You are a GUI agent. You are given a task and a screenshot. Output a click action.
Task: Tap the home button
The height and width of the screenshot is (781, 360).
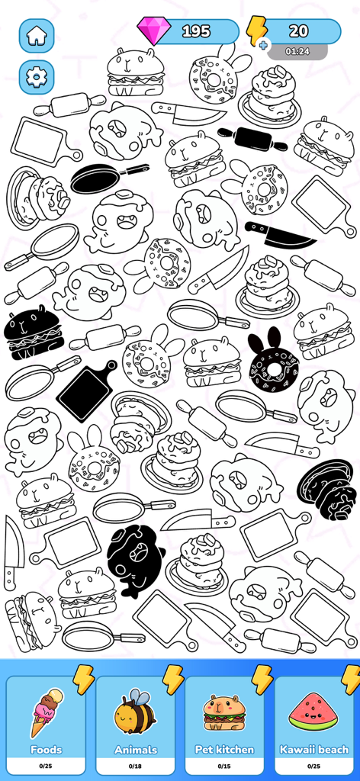[37, 35]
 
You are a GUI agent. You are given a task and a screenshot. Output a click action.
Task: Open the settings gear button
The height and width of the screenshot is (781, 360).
[37, 77]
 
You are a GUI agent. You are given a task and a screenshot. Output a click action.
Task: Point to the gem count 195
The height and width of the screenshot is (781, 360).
[196, 31]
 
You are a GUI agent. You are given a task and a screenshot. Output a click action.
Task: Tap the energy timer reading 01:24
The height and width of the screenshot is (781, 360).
[297, 52]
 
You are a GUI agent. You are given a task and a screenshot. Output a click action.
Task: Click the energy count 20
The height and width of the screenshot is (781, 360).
[299, 31]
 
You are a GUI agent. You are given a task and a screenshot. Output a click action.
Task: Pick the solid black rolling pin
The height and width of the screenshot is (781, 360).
[252, 139]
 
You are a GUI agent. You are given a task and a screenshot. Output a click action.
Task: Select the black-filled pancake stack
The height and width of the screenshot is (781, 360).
[326, 487]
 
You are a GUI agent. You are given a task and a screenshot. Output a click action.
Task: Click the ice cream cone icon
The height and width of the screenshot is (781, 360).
[46, 712]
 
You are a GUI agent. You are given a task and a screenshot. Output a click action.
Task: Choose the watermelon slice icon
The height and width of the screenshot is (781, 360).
[313, 712]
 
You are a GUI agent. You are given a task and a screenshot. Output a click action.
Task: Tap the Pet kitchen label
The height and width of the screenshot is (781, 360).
[225, 750]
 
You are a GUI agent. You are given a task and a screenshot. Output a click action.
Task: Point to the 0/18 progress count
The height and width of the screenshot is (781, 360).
[135, 765]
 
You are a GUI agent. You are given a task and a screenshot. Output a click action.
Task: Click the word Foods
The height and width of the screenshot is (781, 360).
[46, 750]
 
